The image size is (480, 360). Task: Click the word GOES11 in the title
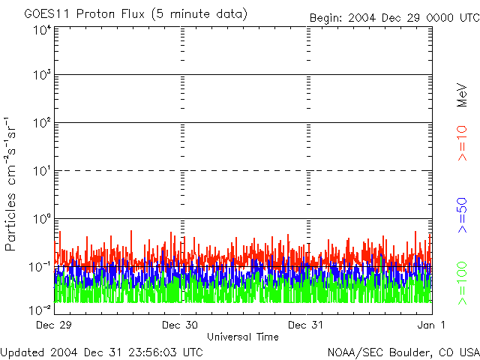[x=44, y=14]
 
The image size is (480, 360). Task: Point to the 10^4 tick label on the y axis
[x=42, y=30]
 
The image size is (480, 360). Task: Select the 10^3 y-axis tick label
[x=42, y=75]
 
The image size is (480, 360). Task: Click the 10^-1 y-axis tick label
[x=40, y=266]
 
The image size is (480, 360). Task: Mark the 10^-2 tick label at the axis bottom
[x=40, y=310]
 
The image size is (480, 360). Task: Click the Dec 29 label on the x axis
[x=55, y=325]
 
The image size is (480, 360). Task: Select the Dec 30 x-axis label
[x=181, y=325]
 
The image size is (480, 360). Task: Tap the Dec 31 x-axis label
[x=307, y=325]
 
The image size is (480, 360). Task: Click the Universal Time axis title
[x=242, y=337]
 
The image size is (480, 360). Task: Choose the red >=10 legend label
[x=463, y=142]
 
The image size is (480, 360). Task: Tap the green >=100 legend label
[x=463, y=283]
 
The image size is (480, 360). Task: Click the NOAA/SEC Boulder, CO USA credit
[x=403, y=352]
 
